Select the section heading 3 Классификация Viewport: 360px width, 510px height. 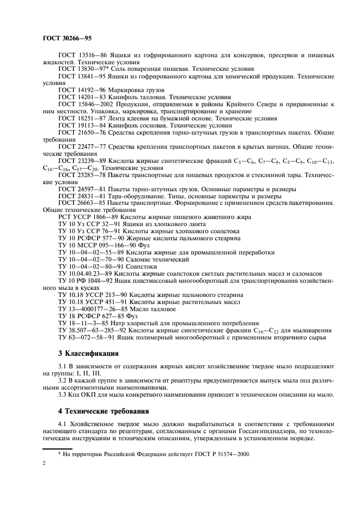click(84, 353)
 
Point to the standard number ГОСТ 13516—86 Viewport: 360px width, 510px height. click(81, 56)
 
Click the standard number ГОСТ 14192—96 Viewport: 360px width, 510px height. click(81, 89)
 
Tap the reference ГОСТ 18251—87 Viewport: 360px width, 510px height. click(81, 118)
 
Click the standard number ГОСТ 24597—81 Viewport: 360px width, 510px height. click(81, 189)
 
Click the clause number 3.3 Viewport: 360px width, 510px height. click(63, 394)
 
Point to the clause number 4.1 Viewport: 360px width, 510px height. click(63, 423)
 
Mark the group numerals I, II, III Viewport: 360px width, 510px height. click(84, 373)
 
